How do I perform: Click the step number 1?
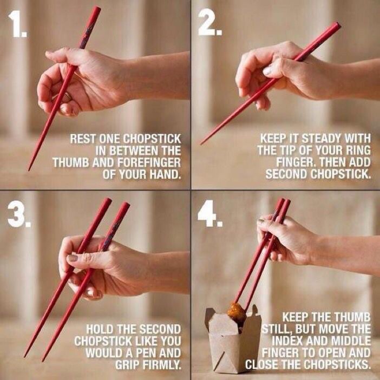click(x=17, y=24)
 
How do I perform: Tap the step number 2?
click(x=209, y=23)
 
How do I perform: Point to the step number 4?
click(x=210, y=213)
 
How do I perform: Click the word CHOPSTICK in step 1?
click(x=152, y=139)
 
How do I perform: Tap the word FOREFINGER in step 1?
click(x=148, y=162)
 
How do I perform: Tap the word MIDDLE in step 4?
click(x=351, y=340)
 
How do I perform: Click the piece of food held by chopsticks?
click(x=237, y=313)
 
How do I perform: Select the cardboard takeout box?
click(x=233, y=339)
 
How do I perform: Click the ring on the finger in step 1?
click(x=67, y=97)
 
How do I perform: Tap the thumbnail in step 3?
click(x=72, y=258)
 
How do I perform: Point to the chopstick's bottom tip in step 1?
click(x=29, y=169)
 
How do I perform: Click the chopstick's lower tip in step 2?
click(x=201, y=143)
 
